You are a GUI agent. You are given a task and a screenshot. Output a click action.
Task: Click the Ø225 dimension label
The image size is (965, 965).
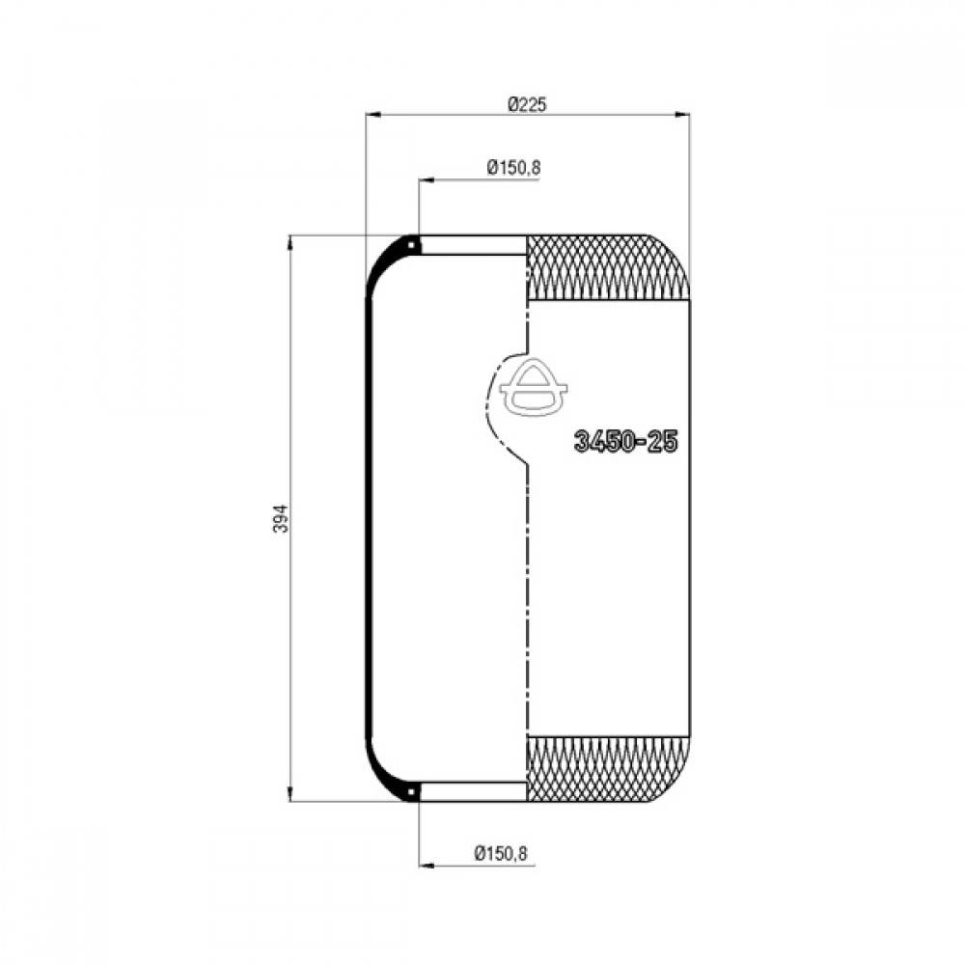(528, 104)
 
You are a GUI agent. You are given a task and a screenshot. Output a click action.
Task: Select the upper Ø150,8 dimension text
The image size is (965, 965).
(514, 167)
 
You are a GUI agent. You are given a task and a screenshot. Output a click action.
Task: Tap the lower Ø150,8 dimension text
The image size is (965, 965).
(501, 853)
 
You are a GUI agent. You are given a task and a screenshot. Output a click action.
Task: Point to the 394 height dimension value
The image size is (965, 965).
(280, 519)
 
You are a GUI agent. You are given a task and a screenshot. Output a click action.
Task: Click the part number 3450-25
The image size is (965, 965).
(625, 441)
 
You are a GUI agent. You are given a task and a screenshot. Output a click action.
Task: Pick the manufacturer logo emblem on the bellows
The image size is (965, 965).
(533, 388)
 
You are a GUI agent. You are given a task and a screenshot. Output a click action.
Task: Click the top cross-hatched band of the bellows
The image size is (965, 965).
(608, 267)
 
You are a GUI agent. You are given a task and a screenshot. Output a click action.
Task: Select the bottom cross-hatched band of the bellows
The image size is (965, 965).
(608, 769)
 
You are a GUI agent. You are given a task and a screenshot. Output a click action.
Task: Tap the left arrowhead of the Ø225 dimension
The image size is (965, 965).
(372, 114)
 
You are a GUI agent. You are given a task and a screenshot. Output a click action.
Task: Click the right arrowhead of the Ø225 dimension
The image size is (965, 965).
(682, 114)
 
